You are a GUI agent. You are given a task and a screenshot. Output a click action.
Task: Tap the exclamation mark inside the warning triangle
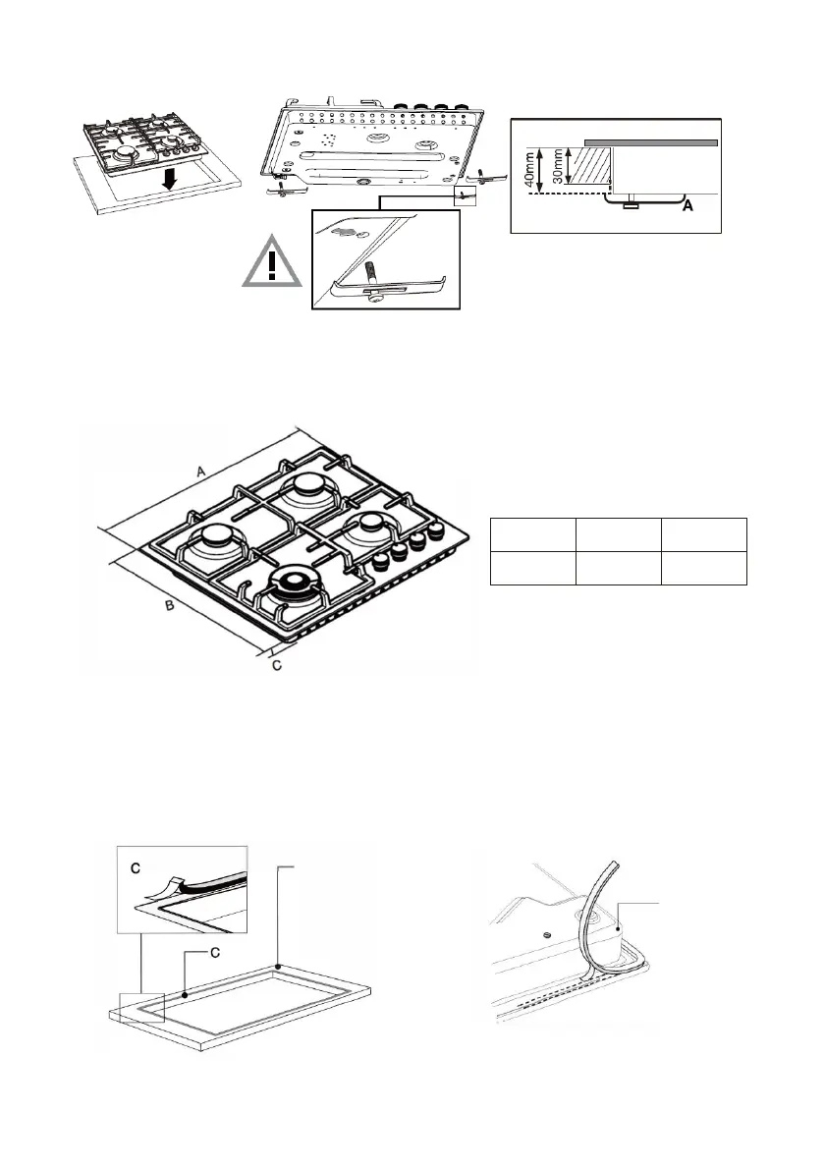click(x=274, y=267)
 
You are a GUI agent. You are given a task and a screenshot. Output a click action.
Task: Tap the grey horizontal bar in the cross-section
click(x=649, y=142)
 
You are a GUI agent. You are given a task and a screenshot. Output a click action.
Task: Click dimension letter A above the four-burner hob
click(x=200, y=473)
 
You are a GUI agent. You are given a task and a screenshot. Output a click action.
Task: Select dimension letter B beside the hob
click(x=169, y=608)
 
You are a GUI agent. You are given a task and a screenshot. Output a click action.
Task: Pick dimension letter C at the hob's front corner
click(x=276, y=665)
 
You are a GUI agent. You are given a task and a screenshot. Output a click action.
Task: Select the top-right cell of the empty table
click(x=704, y=534)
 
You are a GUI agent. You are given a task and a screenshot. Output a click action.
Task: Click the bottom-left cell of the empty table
click(x=531, y=568)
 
